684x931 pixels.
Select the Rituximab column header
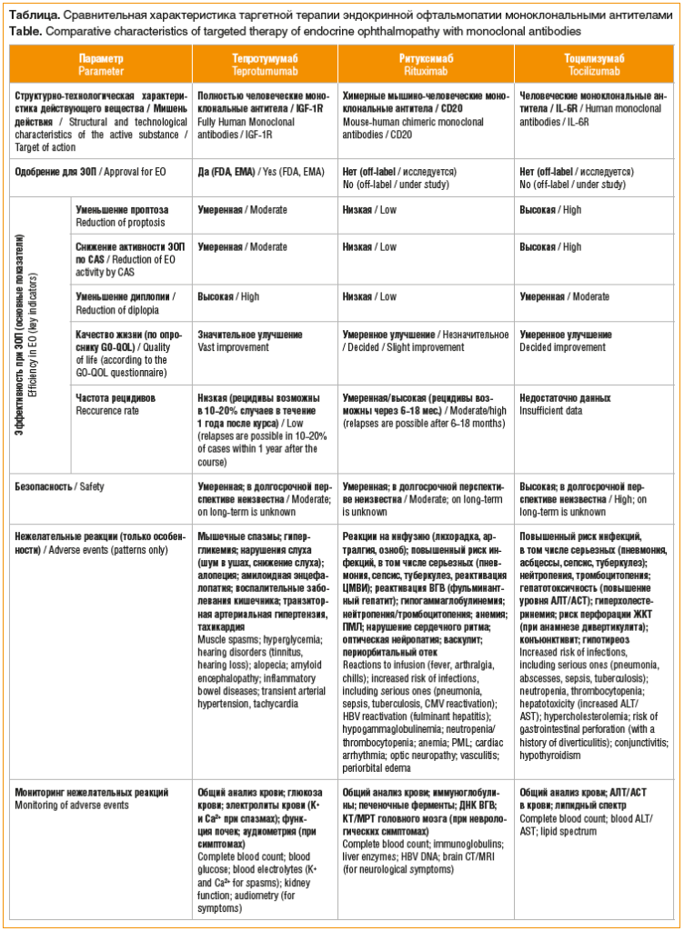click(x=426, y=62)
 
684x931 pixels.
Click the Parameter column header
click(x=101, y=62)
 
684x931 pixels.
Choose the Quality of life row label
click(x=123, y=354)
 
